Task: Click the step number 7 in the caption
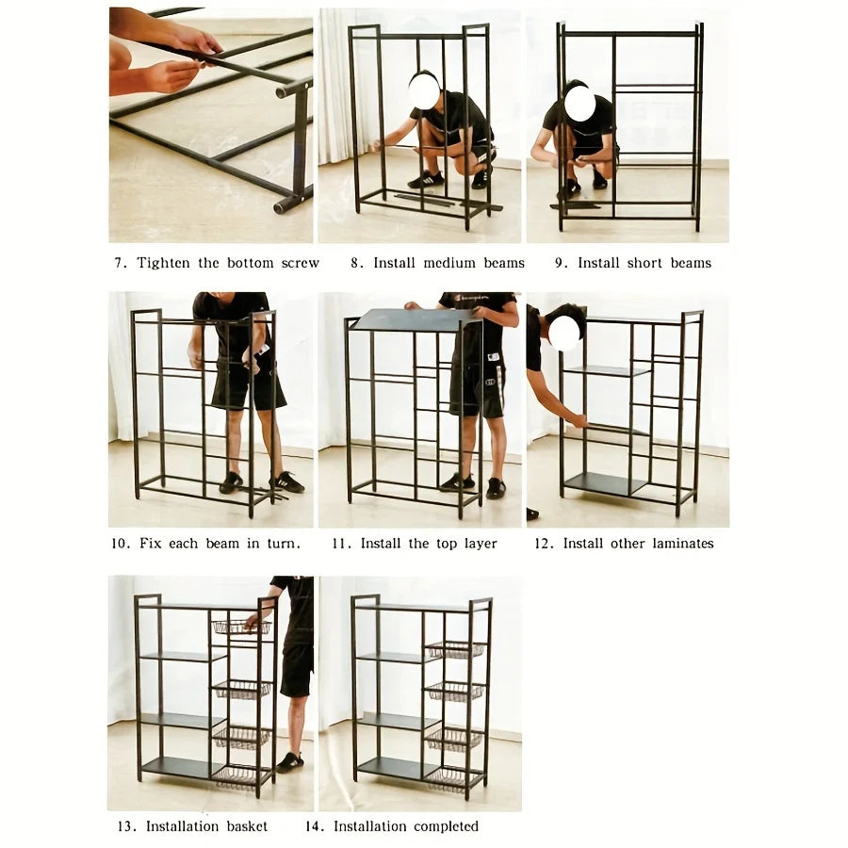tap(120, 263)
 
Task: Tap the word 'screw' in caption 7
tap(301, 263)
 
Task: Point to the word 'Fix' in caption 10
tap(152, 544)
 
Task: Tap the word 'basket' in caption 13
tap(247, 826)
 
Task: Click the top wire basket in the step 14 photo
tap(454, 649)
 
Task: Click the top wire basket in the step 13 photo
tap(240, 627)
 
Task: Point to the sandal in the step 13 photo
tap(290, 762)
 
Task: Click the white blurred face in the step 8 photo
tap(424, 91)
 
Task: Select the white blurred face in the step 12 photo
tap(563, 333)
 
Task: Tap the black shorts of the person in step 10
tap(247, 386)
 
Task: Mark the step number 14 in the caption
tap(314, 826)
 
